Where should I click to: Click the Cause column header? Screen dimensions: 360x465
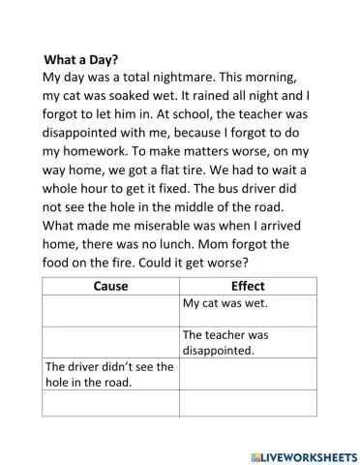[110, 286]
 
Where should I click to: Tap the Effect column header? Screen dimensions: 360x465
[248, 286]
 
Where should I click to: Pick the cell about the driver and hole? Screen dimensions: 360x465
[108, 374]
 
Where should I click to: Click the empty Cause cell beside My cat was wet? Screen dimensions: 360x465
[110, 310]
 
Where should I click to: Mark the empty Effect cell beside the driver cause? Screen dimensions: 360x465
[248, 374]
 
